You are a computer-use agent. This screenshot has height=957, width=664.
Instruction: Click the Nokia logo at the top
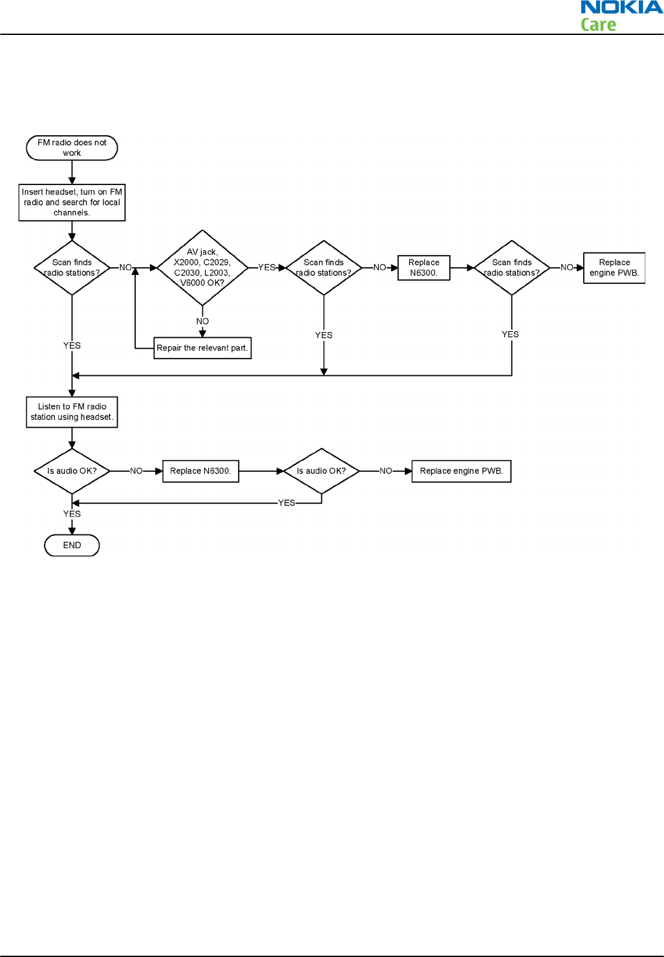621,8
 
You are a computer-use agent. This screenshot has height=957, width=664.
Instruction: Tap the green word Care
598,25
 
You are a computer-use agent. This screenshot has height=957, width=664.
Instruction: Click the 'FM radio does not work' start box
72,148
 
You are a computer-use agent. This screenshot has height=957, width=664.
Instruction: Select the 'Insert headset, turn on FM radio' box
72,203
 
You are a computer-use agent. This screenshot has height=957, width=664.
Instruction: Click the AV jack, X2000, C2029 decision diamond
202,267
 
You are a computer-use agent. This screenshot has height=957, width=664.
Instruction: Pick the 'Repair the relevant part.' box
202,348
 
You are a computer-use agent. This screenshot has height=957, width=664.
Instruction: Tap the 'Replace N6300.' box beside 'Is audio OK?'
200,471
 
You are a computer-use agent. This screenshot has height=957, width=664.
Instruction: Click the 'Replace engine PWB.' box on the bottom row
461,471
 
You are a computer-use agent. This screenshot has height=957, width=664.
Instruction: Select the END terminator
72,545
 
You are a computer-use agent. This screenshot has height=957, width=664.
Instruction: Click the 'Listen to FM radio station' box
72,412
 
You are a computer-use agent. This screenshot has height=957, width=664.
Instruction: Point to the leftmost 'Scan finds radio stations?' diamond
72,267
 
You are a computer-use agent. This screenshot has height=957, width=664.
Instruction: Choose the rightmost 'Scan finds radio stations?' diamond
511,267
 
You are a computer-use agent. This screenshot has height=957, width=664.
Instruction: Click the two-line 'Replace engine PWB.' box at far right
614,268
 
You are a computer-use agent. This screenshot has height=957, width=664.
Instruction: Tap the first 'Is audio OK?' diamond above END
72,471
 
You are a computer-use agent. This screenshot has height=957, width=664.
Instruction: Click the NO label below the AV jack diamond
202,322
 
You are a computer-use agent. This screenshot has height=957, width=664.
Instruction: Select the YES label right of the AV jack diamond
266,267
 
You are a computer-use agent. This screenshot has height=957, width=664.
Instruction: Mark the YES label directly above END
72,514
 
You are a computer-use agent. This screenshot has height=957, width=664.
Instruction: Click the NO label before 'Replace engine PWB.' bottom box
385,471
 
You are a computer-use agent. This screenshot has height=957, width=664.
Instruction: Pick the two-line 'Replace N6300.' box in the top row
423,268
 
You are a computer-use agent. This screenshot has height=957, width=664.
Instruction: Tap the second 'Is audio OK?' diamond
321,471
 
